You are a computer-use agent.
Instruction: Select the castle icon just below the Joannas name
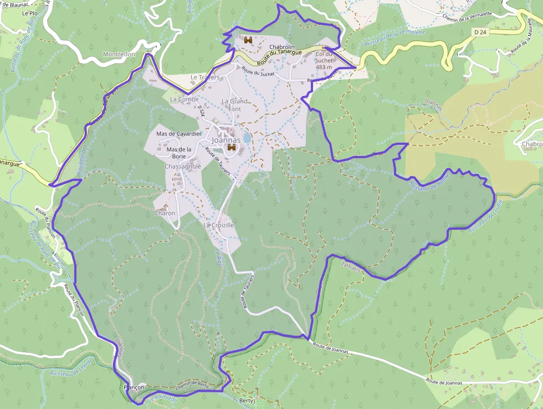click(x=232, y=148)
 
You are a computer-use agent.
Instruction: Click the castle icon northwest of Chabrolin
click(x=248, y=40)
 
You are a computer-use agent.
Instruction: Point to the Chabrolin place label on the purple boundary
click(x=282, y=47)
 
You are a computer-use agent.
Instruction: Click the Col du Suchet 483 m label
click(x=324, y=60)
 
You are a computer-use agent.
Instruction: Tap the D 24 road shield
click(x=480, y=33)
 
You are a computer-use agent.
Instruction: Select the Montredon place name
click(x=119, y=54)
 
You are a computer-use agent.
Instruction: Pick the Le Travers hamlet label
click(x=205, y=77)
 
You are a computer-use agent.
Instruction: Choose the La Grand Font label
click(x=234, y=105)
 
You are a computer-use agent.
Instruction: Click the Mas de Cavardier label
click(x=179, y=134)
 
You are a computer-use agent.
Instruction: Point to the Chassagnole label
click(x=183, y=166)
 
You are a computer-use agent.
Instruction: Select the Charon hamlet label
click(x=165, y=213)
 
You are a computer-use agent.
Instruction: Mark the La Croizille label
click(x=219, y=225)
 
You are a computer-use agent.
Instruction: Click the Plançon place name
click(x=134, y=387)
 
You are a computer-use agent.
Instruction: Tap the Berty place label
click(x=246, y=400)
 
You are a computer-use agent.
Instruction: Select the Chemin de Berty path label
click(x=192, y=385)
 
